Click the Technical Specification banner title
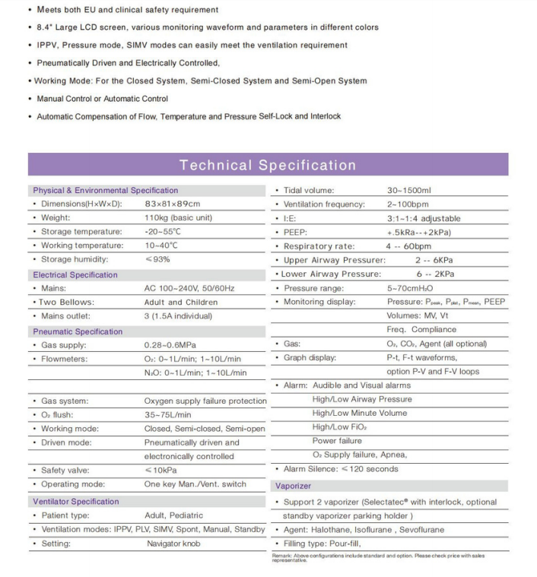tap(268, 165)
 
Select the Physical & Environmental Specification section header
tap(105, 190)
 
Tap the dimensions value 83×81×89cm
tap(172, 204)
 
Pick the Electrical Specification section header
tap(75, 274)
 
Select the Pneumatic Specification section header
tap(77, 331)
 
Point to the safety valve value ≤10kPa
tap(160, 471)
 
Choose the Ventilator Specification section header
tap(76, 502)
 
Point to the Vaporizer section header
tap(293, 485)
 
